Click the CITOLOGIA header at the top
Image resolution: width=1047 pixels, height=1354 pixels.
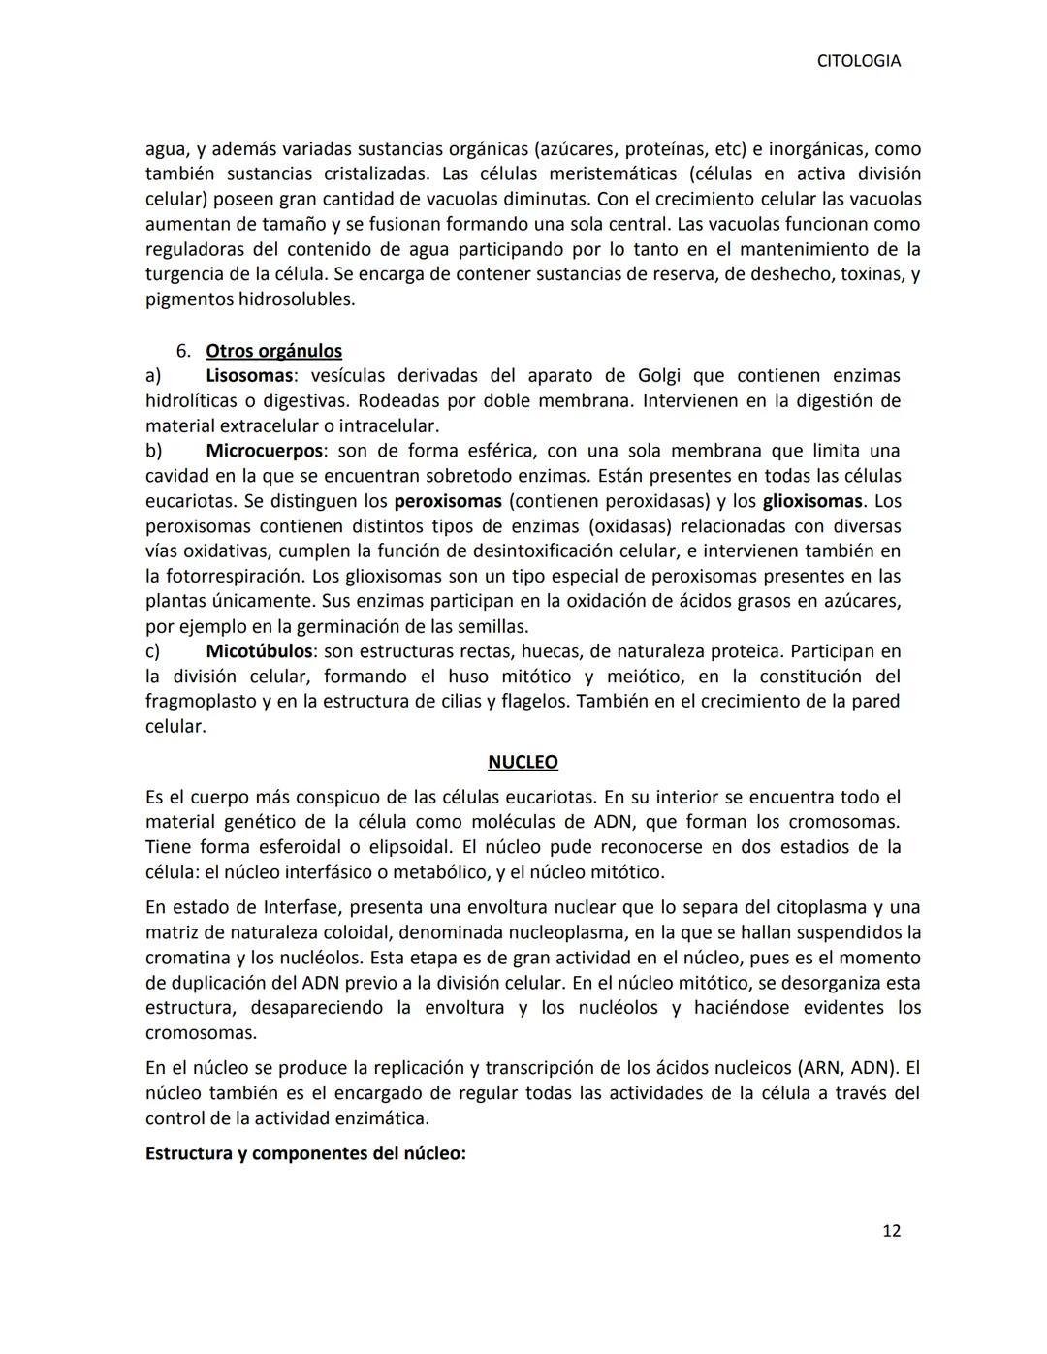(858, 61)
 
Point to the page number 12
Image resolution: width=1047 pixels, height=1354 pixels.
(891, 1231)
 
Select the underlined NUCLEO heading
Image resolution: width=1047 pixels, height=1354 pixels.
(523, 762)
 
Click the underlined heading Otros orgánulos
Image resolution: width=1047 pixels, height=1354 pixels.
(273, 351)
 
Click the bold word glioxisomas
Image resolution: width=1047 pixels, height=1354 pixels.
(811, 501)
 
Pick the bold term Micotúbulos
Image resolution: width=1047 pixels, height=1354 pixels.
(259, 650)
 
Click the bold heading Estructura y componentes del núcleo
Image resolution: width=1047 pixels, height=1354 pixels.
(305, 1154)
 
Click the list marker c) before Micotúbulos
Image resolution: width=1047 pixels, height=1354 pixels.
(153, 650)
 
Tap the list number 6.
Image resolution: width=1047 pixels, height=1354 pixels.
(182, 351)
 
